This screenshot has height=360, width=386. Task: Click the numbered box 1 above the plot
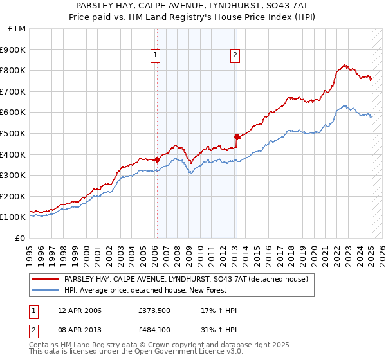coord(156,56)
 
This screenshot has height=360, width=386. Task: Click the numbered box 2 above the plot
coord(235,56)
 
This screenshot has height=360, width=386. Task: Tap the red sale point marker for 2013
coord(237,136)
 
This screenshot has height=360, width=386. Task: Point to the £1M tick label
coord(17,28)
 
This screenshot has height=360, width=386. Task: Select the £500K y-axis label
coord(14,133)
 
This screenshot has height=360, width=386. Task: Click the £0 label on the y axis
coord(20,238)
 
